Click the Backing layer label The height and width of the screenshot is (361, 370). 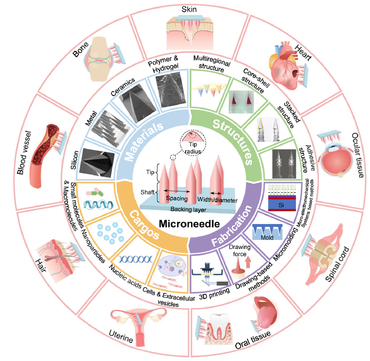click(187, 208)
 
